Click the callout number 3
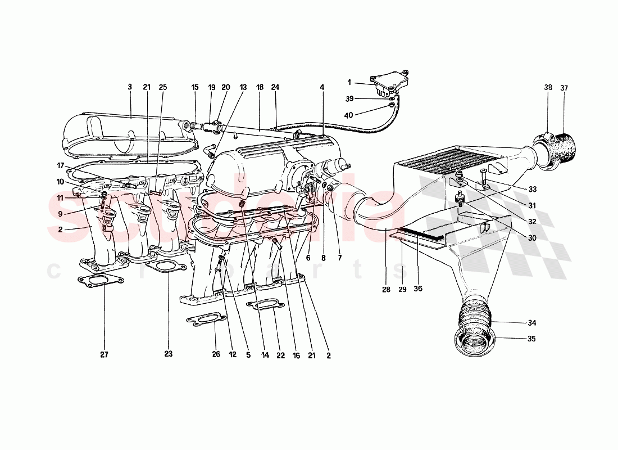tap(130, 87)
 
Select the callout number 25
tap(163, 87)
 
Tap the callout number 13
tap(243, 87)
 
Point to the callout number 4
tap(322, 87)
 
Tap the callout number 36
tap(419, 289)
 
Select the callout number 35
tap(531, 339)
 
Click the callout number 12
tap(232, 355)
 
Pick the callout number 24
tap(275, 87)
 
